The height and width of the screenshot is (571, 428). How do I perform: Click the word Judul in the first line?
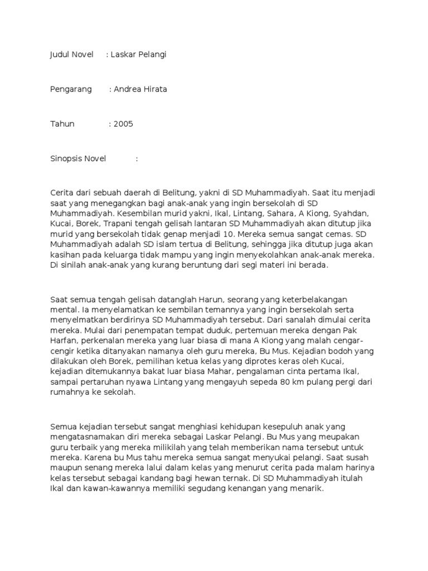tap(60, 55)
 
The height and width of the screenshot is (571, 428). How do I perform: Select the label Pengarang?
tap(71, 89)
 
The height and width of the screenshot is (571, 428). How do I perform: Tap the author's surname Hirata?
tap(154, 89)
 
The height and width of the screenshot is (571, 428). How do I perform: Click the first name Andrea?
tap(127, 89)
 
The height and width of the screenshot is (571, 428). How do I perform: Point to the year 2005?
tap(123, 124)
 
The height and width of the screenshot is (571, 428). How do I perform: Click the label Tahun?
tap(62, 124)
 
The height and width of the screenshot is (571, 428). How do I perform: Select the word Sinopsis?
tap(66, 159)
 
